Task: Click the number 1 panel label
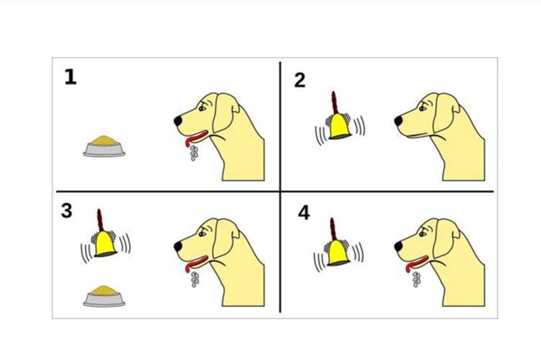[x=70, y=77]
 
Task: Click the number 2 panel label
[x=300, y=80]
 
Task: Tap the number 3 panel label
[x=66, y=210]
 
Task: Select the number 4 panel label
[x=304, y=212]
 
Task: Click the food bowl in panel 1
[x=104, y=147]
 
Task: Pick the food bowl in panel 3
[x=104, y=296]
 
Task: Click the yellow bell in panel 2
[x=339, y=127]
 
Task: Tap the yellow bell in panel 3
[x=105, y=244]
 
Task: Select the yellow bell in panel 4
[x=338, y=253]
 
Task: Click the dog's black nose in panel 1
[x=178, y=121]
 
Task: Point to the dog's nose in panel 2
[x=398, y=121]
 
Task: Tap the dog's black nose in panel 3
[x=178, y=246]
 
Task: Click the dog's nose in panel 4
[x=398, y=246]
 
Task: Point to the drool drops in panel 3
[x=195, y=280]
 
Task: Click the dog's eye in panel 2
[x=422, y=108]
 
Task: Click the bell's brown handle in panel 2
[x=334, y=103]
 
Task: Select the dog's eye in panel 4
[x=422, y=233]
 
